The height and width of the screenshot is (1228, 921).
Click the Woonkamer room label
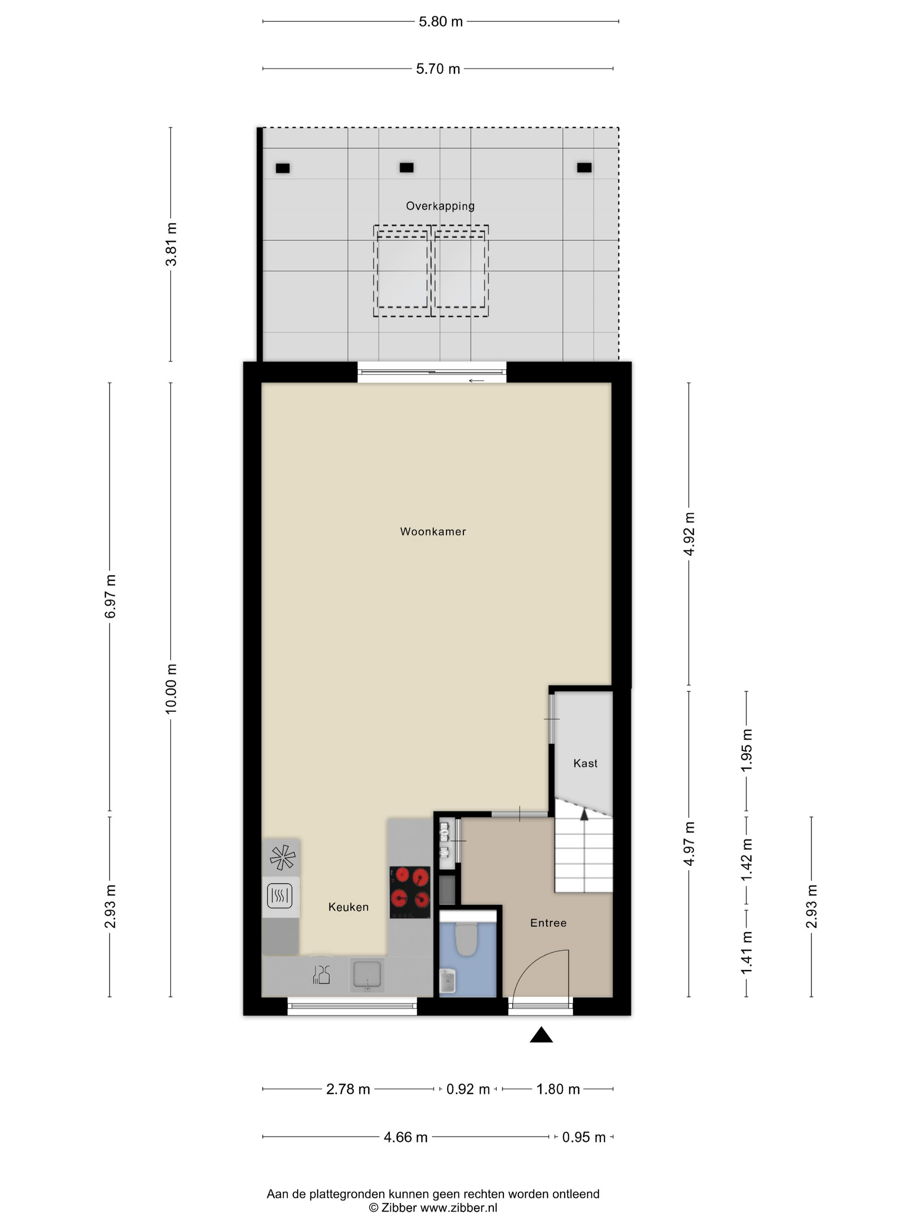(433, 531)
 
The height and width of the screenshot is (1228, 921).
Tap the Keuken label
(348, 907)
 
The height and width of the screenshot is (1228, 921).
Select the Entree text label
(548, 923)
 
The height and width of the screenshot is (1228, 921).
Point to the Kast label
(585, 764)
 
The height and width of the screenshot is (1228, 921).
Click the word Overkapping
(440, 206)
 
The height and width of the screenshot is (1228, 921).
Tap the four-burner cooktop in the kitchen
(410, 892)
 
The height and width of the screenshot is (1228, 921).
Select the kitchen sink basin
(366, 975)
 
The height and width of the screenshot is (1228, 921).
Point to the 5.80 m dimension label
(440, 21)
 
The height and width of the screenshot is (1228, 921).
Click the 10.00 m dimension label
(171, 689)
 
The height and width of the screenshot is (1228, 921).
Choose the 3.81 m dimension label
(171, 244)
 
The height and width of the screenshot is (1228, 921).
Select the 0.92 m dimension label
(468, 1089)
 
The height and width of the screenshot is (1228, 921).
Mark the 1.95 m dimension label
(747, 750)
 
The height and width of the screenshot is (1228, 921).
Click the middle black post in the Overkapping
(407, 168)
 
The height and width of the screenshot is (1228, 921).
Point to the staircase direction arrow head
(584, 814)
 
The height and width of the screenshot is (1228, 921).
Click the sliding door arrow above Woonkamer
(476, 381)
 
